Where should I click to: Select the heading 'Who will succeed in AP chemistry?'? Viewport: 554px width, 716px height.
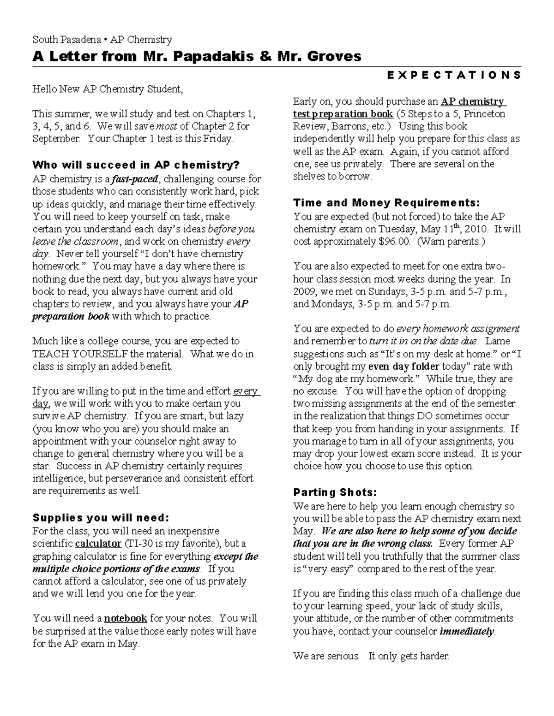136,165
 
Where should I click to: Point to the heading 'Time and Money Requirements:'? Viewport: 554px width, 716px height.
386,203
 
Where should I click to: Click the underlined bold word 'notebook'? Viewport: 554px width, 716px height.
126,619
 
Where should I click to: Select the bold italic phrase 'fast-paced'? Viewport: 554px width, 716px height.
137,179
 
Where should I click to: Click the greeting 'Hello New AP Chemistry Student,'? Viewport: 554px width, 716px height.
108,89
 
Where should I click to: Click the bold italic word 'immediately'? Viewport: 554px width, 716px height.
467,631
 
